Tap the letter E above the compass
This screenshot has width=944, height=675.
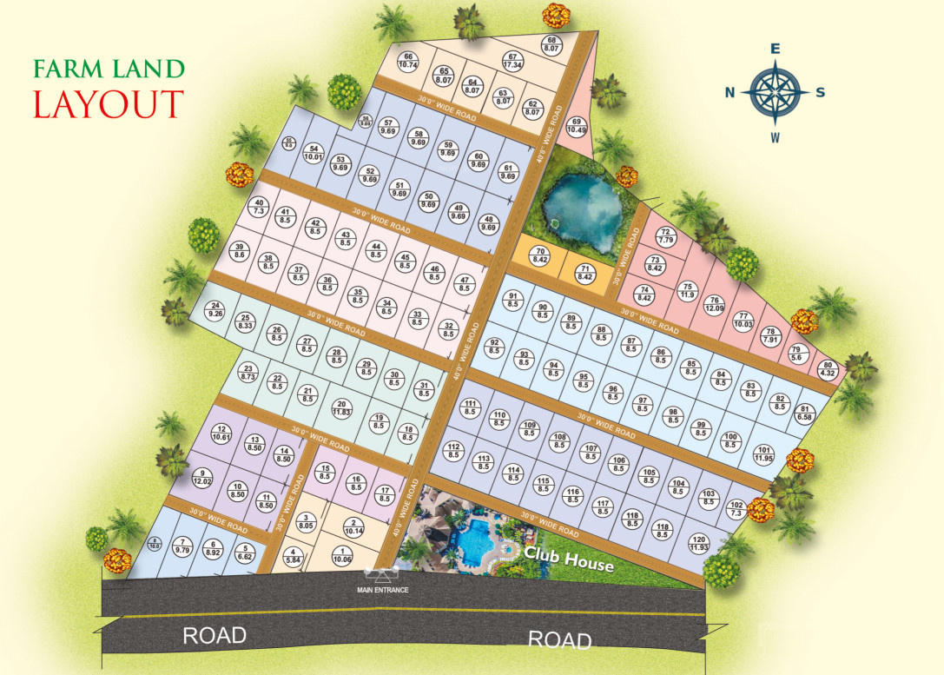click(x=776, y=49)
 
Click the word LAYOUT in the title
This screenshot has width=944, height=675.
click(x=109, y=103)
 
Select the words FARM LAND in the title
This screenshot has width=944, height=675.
click(x=109, y=69)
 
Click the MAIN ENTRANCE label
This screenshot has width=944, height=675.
click(x=383, y=591)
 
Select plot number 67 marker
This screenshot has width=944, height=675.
click(x=512, y=61)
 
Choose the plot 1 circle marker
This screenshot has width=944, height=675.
click(x=345, y=556)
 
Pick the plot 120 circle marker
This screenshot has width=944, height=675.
click(x=699, y=543)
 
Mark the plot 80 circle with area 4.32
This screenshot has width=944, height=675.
click(x=828, y=369)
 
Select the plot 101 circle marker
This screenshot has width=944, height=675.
click(x=764, y=453)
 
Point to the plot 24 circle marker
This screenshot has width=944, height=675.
click(x=216, y=309)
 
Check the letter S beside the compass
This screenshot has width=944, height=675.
click(x=821, y=93)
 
